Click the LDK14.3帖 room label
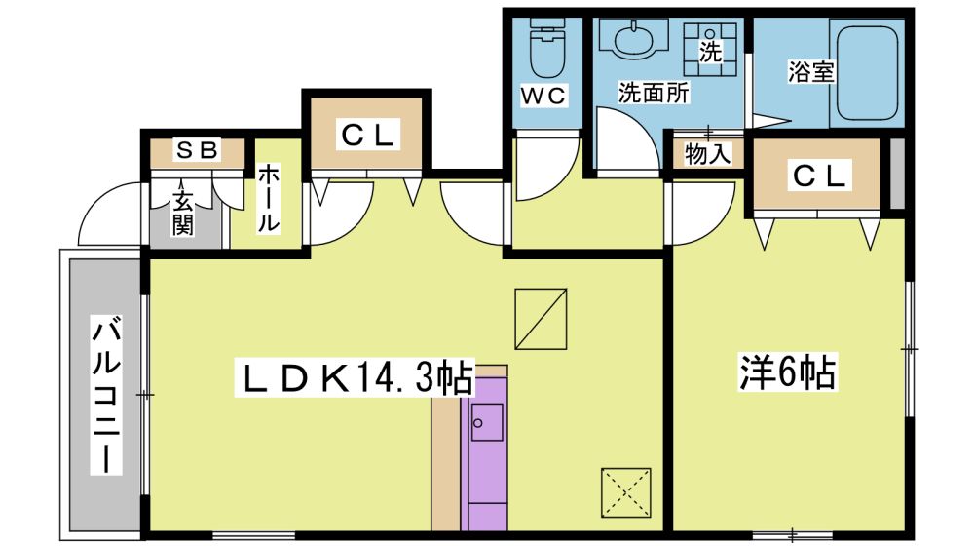355,376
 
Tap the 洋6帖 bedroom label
786,372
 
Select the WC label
543,96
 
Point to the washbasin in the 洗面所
634,40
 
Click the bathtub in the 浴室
867,73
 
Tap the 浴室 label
810,71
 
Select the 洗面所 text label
654,93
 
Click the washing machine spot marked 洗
710,50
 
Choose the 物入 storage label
707,154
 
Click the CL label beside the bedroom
819,176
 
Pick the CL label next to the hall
368,136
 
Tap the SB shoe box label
198,150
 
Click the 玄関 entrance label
182,213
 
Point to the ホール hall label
268,198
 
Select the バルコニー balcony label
105,395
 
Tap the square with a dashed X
625,493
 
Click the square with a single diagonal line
541,319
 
